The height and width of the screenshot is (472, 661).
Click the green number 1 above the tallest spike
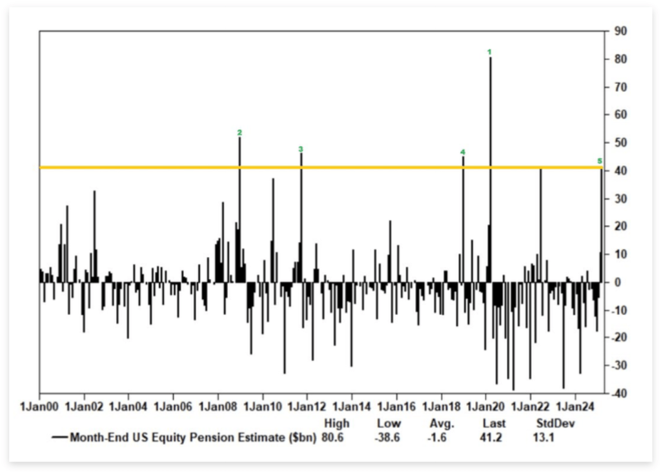click(489, 51)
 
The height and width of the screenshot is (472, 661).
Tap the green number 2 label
click(239, 132)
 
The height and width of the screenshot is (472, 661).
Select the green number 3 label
click(301, 149)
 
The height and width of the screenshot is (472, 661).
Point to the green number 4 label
click(462, 152)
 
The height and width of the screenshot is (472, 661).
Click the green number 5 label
click(600, 161)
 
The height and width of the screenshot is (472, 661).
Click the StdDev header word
click(554, 424)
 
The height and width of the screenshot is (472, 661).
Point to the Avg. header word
click(442, 424)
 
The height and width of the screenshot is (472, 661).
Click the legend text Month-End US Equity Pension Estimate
click(192, 437)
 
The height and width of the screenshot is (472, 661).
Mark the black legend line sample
click(59, 438)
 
